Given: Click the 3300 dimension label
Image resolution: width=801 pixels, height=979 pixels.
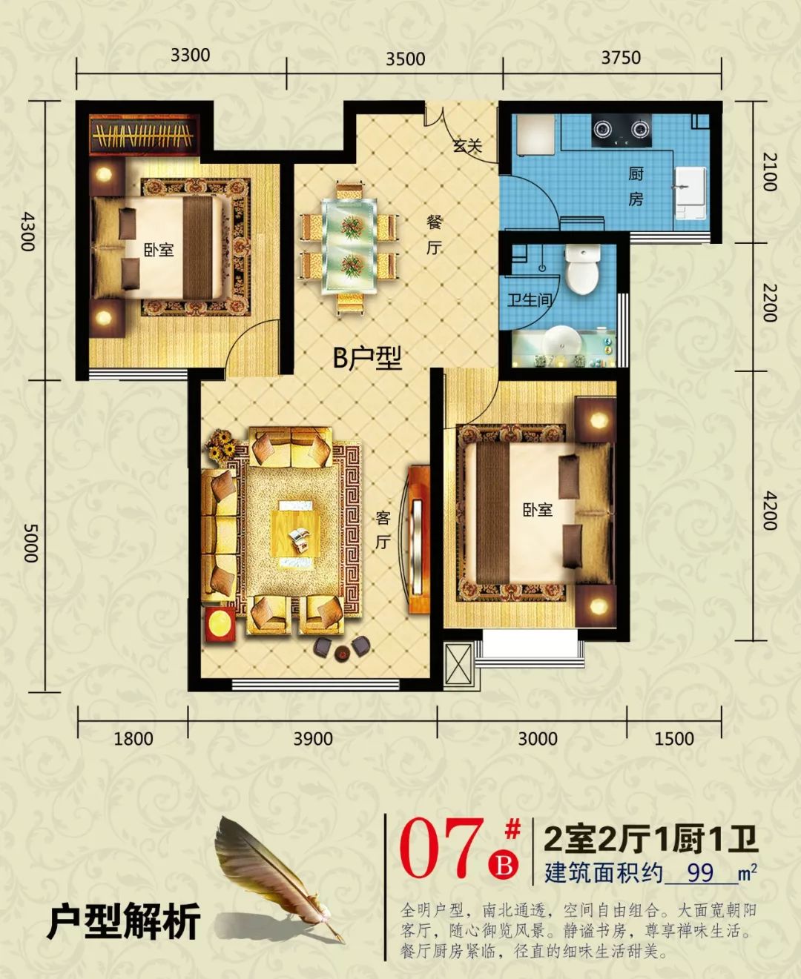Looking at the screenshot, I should (x=190, y=56).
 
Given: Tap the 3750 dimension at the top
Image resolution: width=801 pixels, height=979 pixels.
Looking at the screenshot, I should (x=621, y=57).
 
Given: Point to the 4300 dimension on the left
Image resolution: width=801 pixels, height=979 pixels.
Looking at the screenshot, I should (x=28, y=230).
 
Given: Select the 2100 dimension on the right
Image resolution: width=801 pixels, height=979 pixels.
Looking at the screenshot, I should (x=771, y=172).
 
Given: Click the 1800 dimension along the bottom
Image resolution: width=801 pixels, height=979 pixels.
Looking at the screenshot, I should (x=133, y=738).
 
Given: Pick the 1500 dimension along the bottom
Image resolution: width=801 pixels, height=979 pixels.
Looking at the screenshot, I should (x=674, y=738).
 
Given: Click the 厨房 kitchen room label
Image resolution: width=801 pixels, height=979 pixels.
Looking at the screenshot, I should (x=636, y=186).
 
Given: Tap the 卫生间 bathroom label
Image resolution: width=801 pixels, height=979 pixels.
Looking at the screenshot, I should (x=529, y=300).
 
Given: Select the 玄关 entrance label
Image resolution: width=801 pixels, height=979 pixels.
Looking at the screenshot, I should (x=467, y=146).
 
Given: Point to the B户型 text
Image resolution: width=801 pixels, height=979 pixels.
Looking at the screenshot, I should (x=367, y=359).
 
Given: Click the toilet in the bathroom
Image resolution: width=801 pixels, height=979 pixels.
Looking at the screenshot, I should (x=582, y=268).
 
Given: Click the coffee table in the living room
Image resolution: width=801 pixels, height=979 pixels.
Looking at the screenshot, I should (x=298, y=528).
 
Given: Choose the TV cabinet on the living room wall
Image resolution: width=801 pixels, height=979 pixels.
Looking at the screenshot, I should (x=418, y=539).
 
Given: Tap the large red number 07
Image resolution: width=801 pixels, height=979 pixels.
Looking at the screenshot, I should (x=442, y=849).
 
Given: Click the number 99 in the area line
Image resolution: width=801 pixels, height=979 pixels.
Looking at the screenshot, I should (x=700, y=872).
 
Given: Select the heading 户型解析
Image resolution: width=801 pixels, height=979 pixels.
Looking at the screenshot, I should (x=124, y=922).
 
